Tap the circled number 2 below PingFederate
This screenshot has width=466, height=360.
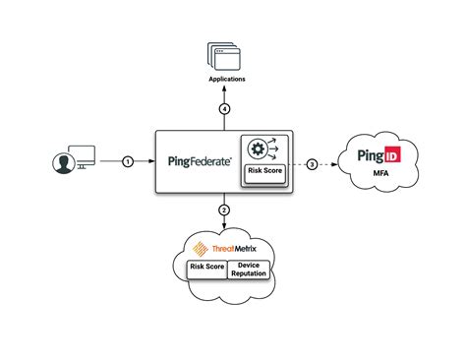(x=224, y=209)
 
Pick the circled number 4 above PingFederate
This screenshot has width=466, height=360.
(x=224, y=109)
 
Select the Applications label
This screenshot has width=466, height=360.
(x=227, y=77)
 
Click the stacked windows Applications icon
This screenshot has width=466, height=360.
(x=225, y=55)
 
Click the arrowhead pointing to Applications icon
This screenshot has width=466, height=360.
(x=224, y=88)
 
